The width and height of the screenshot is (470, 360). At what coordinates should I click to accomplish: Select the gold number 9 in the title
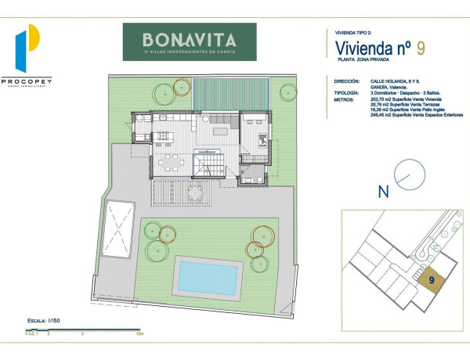click(x=421, y=48)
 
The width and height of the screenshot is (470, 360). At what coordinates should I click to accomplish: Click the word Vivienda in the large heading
click(x=358, y=49)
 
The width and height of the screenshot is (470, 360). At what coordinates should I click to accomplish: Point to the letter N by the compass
click(x=384, y=190)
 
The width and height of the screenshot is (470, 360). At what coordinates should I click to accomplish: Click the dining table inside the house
click(x=172, y=164)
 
